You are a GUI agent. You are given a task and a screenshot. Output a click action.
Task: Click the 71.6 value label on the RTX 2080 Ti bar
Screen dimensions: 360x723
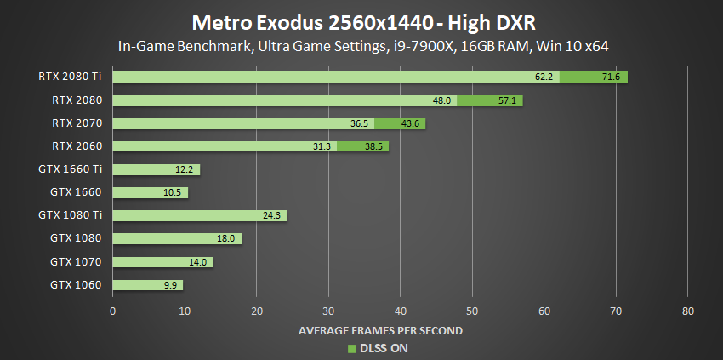click(612, 77)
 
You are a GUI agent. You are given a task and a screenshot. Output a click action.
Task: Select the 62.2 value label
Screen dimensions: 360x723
click(544, 77)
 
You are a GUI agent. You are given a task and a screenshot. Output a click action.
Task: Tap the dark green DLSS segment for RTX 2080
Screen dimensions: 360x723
click(489, 100)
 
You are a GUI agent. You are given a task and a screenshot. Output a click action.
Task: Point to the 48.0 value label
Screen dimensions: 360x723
click(441, 100)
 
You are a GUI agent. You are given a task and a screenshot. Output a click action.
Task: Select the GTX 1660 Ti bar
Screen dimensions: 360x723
click(156, 169)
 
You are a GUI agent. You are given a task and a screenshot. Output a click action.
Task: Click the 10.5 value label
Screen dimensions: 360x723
click(174, 192)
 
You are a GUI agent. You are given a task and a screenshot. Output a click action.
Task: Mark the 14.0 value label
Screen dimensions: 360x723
click(199, 261)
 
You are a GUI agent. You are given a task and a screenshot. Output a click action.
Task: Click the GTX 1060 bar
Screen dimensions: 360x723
click(147, 284)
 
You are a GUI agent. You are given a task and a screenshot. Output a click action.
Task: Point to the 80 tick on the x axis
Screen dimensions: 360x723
click(688, 311)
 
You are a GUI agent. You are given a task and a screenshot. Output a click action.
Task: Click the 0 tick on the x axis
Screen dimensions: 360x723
click(113, 311)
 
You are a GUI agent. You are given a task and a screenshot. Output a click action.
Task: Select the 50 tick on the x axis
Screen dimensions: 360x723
click(472, 311)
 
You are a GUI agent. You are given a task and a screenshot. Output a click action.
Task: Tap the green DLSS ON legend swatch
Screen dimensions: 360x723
click(350, 347)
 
